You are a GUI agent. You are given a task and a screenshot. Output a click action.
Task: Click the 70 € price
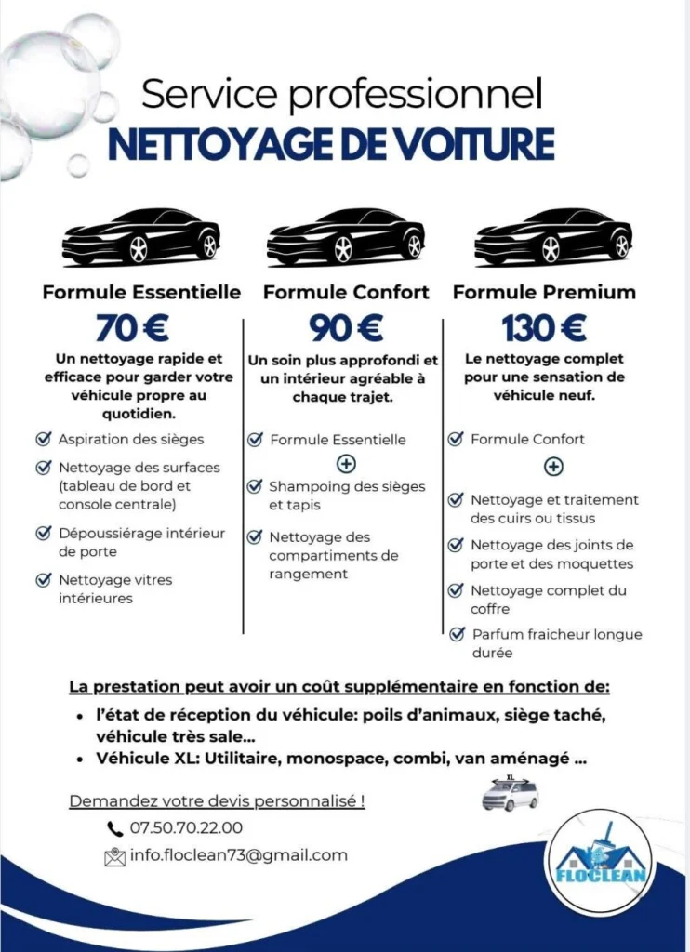(x=131, y=327)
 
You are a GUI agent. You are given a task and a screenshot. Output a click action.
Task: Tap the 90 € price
(x=346, y=327)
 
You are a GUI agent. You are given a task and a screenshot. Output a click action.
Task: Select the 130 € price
(x=544, y=327)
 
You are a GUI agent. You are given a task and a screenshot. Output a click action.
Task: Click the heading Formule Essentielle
(x=141, y=292)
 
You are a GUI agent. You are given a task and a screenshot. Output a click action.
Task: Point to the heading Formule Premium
(x=544, y=292)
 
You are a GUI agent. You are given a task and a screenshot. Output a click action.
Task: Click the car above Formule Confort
(x=345, y=237)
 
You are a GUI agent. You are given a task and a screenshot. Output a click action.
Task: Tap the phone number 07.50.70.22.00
(x=187, y=827)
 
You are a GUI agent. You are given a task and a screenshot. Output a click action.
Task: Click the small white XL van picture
(x=511, y=793)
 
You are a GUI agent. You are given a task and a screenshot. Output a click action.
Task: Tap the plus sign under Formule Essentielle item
(x=346, y=463)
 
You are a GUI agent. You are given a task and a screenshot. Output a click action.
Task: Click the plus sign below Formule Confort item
(x=553, y=466)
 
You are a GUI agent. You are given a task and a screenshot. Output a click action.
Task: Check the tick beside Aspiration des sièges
(x=43, y=439)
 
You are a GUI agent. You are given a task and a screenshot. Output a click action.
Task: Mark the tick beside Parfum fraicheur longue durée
(x=457, y=634)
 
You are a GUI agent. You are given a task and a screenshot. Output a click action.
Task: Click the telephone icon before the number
(x=115, y=828)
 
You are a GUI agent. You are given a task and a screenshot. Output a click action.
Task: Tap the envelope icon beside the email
(x=115, y=856)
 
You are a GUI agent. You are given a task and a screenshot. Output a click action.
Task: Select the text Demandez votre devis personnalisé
(x=217, y=800)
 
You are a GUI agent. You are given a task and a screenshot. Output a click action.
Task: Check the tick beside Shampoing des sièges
(x=254, y=486)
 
